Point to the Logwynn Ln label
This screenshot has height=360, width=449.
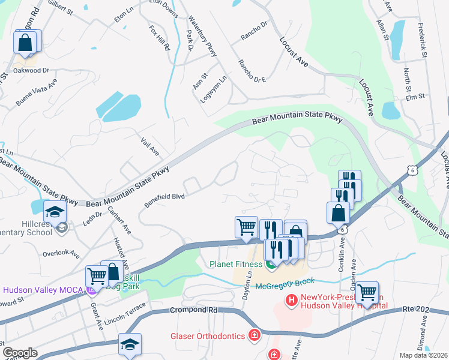[x=205, y=88]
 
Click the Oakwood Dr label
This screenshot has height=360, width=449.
[x=32, y=70]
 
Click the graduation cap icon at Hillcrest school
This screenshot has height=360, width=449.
[x=55, y=212]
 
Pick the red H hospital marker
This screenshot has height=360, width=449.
[x=292, y=299]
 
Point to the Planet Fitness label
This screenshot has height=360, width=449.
[x=235, y=264]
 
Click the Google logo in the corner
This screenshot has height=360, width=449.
[x=20, y=352]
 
